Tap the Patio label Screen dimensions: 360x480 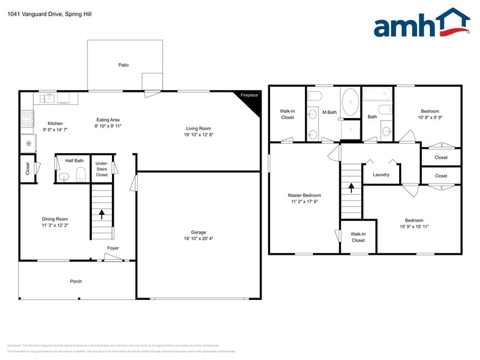tap(124, 65)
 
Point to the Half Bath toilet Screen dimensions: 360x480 tap(80, 173)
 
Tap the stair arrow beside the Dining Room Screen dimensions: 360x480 tap(102, 214)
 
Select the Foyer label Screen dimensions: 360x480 tap(113, 248)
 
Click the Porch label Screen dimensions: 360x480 tap(76, 282)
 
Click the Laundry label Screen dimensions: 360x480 tap(381, 175)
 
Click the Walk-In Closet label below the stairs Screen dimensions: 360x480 tap(358, 237)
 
